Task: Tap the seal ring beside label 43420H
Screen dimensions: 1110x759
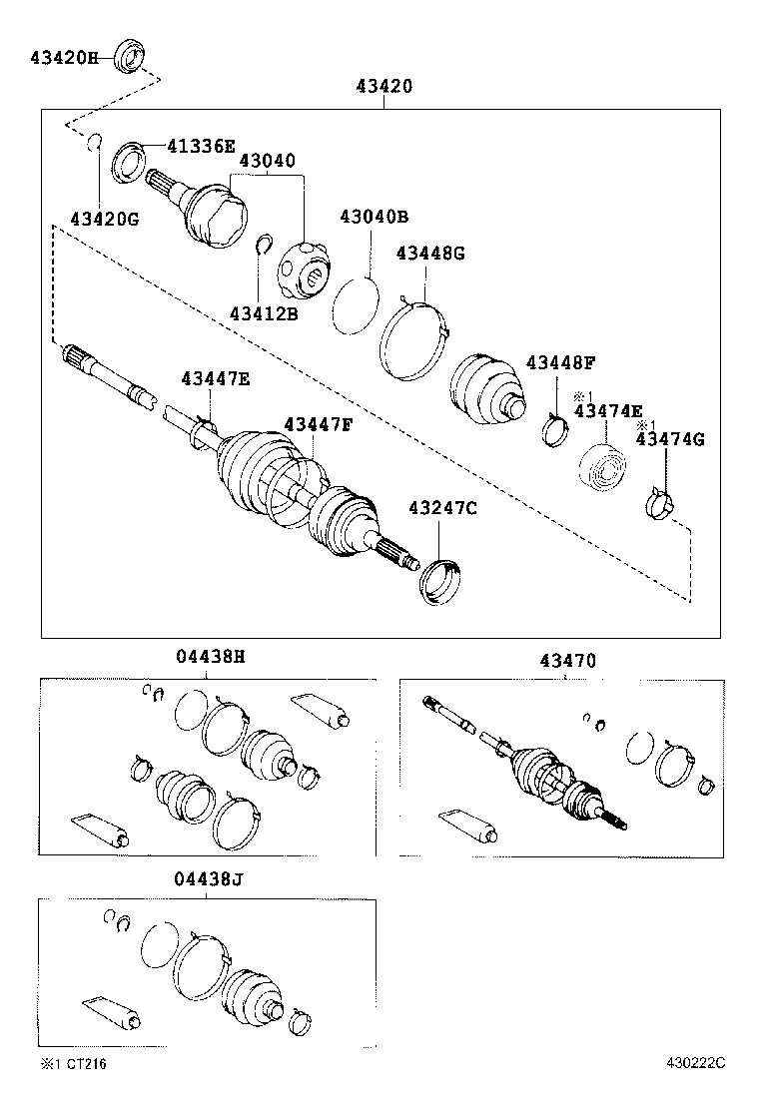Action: point(130,56)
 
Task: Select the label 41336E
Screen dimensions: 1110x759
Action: point(201,148)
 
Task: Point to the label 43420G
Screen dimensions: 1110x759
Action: point(104,219)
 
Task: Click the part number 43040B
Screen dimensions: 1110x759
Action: point(374,217)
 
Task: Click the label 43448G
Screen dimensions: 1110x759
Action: point(430,254)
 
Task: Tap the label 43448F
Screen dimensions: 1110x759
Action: point(561,362)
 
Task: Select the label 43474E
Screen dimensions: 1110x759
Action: point(608,410)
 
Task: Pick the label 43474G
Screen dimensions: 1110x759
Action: point(670,438)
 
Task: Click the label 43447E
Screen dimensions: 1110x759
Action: point(216,378)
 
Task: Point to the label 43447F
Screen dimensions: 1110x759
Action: point(319,425)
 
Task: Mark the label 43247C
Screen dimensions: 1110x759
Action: point(442,509)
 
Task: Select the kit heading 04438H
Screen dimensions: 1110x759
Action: point(210,657)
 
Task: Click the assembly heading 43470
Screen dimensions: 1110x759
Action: point(568,660)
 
